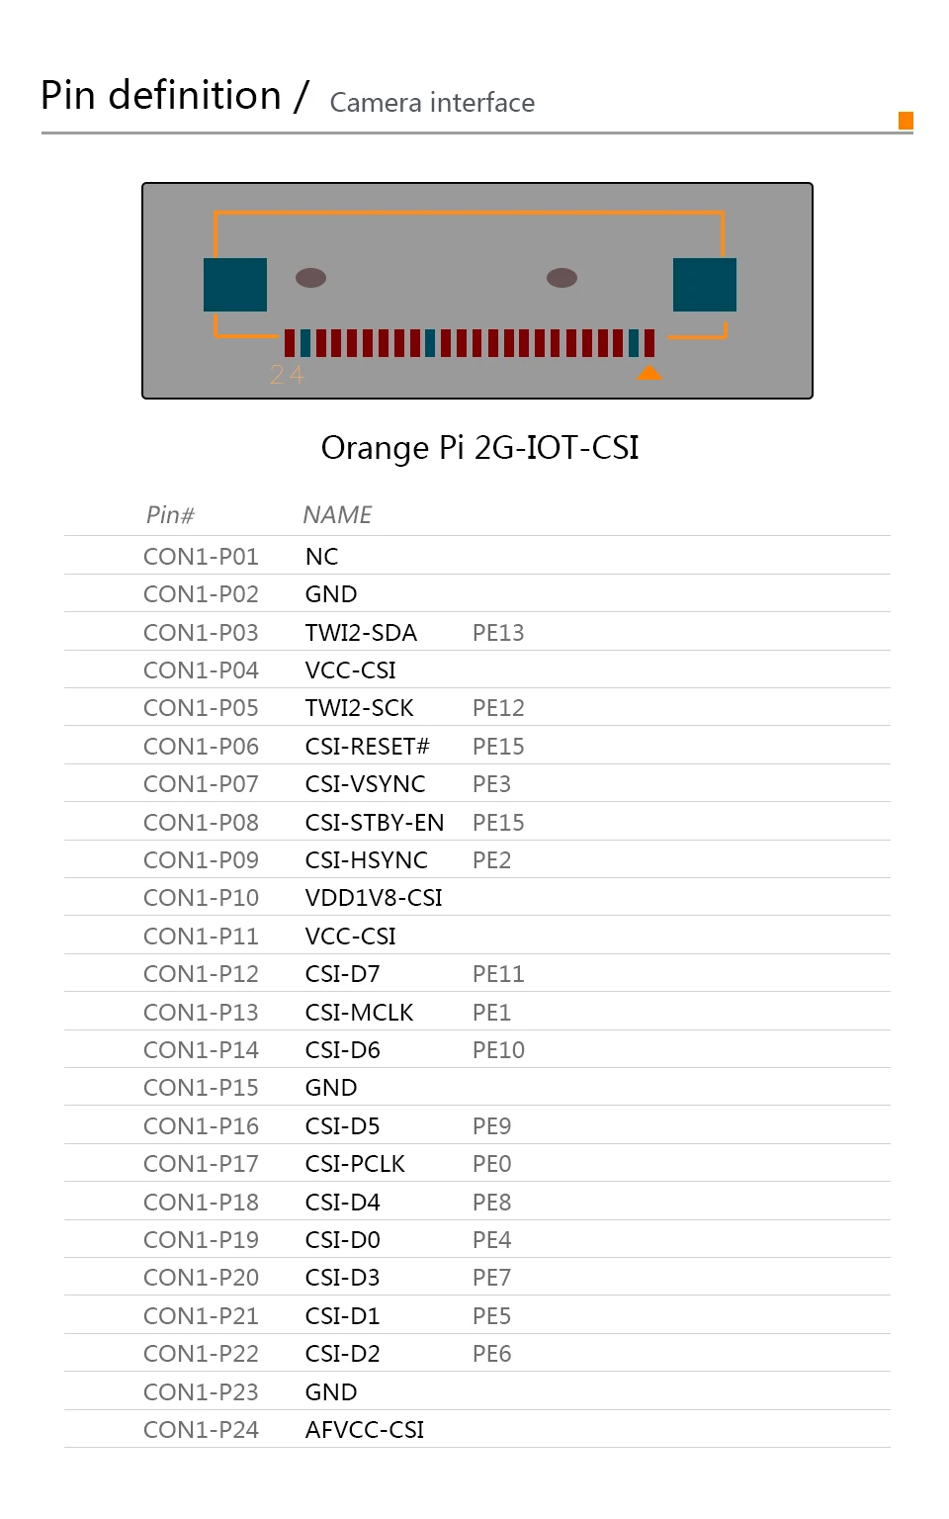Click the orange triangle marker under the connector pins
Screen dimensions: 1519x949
tap(649, 373)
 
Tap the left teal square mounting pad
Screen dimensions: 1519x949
tap(235, 285)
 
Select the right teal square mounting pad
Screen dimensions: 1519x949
tap(704, 285)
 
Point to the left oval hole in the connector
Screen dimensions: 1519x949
tap(310, 278)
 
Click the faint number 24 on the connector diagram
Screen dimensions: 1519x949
tap(287, 375)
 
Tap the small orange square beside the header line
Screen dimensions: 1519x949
tap(906, 121)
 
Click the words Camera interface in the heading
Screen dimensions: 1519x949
tap(432, 103)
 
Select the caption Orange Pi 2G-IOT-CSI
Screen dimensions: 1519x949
tap(479, 448)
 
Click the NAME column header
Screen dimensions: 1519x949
tap(337, 515)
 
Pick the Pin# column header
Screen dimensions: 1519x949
tap(170, 515)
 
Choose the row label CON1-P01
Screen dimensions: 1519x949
tap(201, 557)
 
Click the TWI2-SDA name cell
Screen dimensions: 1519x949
tap(361, 633)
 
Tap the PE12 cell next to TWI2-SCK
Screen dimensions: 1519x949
tap(498, 708)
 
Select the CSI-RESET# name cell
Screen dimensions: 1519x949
tap(367, 747)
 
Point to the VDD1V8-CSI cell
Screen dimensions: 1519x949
tap(374, 898)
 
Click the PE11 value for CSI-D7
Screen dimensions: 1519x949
tap(498, 974)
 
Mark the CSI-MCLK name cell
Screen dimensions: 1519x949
tap(359, 1013)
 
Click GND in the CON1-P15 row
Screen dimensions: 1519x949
tap(331, 1088)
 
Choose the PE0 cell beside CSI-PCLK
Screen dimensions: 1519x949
tap(491, 1164)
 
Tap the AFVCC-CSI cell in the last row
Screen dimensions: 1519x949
tap(365, 1430)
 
